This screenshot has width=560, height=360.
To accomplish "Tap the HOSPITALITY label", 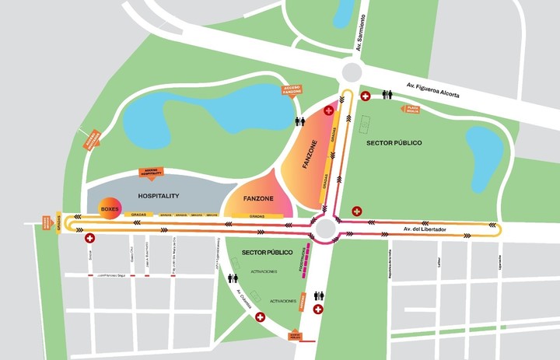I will point(159,196).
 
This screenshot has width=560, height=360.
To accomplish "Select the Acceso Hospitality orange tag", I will point(153,172).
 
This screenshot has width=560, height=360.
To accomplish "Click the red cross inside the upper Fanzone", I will point(328,111).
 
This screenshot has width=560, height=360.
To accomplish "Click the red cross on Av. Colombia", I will point(260,317).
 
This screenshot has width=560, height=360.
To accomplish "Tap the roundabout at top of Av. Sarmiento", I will point(352,72).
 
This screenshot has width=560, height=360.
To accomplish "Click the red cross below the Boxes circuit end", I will point(89,238).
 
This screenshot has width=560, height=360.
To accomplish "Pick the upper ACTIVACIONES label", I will point(264,271).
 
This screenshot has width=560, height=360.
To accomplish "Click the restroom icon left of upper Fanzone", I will point(300,122).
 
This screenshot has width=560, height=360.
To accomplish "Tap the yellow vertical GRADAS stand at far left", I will point(58,224).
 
